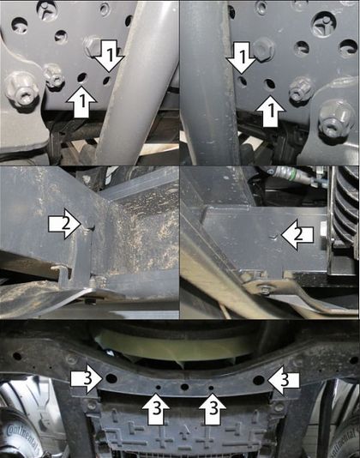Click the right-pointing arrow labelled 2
click(65, 225)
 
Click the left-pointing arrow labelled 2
click(297, 235)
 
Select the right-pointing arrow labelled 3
click(87, 379)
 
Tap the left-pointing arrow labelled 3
click(284, 380)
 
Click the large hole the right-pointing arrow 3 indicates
click(111, 378)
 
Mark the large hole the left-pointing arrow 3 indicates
click(259, 380)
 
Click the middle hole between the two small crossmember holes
click(184, 387)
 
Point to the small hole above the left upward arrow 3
click(159, 388)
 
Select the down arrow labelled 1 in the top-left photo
click(110, 56)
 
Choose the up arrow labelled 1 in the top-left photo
click(81, 101)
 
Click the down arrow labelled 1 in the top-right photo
click(242, 57)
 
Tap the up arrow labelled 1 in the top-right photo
click(270, 111)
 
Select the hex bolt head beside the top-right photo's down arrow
click(264, 49)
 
